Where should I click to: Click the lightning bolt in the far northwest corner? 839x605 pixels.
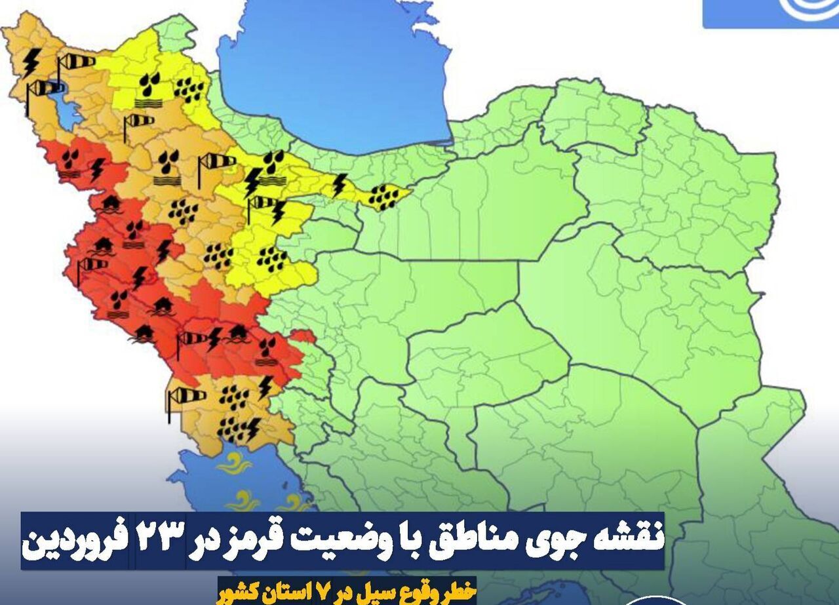(x=30, y=62)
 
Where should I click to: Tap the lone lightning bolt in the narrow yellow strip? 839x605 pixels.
(x=339, y=184)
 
